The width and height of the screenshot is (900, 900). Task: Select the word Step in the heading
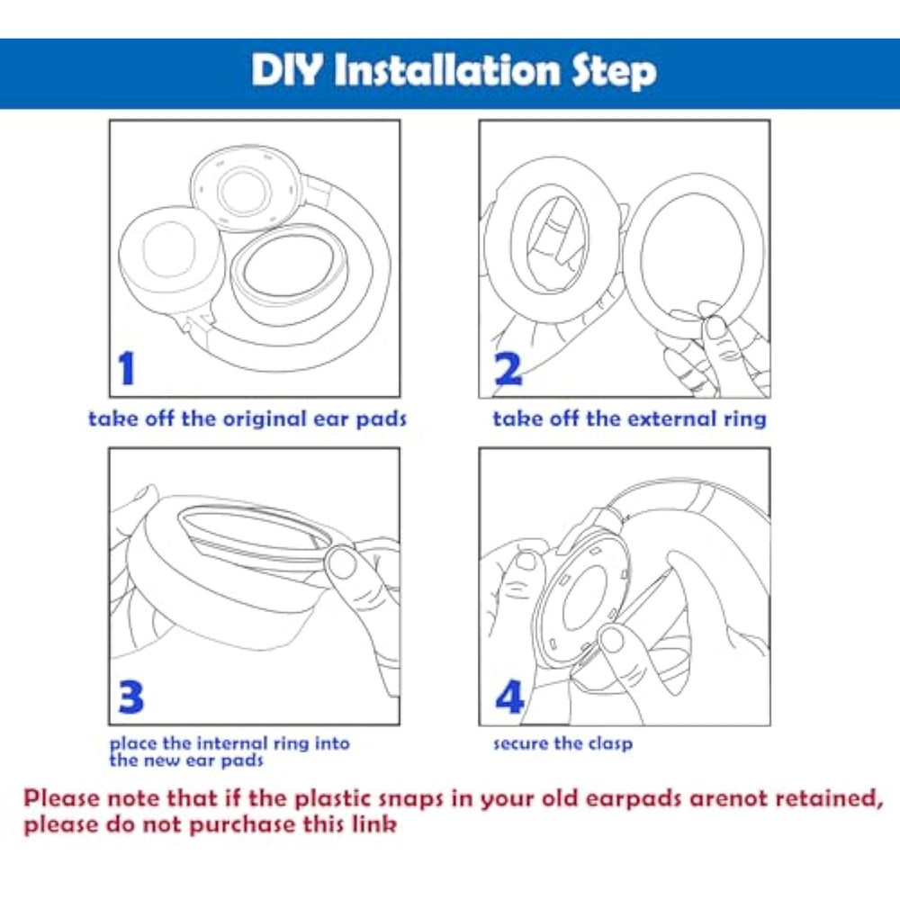[x=614, y=72]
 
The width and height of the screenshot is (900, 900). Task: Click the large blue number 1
[x=126, y=368]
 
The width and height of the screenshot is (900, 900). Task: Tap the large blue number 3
[x=130, y=697]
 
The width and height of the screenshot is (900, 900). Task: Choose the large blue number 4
[x=509, y=697]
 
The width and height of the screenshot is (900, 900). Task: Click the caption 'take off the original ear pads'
[x=247, y=419]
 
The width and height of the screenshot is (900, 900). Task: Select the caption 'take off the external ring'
[x=630, y=419]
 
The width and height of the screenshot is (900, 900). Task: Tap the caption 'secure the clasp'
[x=563, y=744]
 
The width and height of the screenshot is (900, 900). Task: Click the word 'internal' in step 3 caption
[x=229, y=743]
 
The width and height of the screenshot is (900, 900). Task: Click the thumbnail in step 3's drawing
[x=342, y=563]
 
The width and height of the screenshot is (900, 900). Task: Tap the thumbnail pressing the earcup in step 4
[x=612, y=639]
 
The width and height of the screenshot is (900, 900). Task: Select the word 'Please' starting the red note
[x=61, y=798]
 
